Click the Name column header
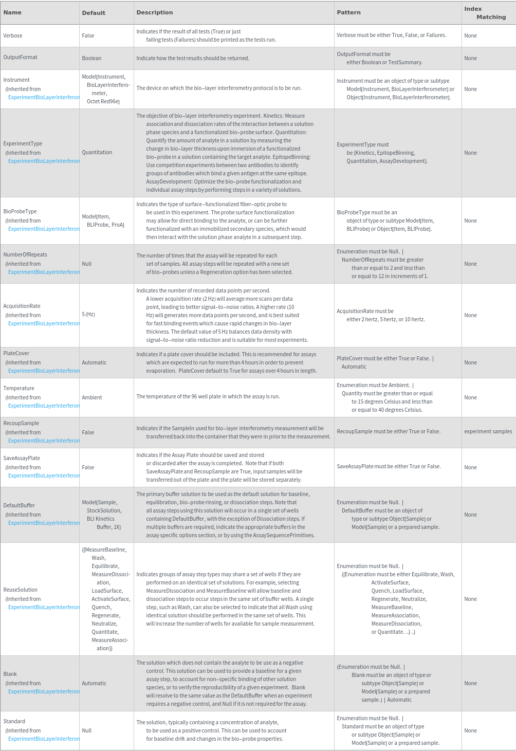point(12,12)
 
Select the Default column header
point(94,13)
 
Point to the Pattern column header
point(348,12)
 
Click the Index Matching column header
point(485,13)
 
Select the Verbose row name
point(13,35)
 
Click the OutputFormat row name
point(21,57)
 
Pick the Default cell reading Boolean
point(91,58)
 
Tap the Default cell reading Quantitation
point(97,152)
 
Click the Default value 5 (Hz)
point(88,314)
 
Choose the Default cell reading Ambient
point(92,397)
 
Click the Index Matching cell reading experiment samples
point(488,431)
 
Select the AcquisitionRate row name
point(22,306)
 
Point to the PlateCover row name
point(16,353)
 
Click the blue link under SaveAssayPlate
point(44,475)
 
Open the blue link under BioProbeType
point(44,229)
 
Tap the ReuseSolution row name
point(21,590)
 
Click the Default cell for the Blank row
point(94,683)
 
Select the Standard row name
point(14,721)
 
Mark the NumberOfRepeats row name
point(25,254)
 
